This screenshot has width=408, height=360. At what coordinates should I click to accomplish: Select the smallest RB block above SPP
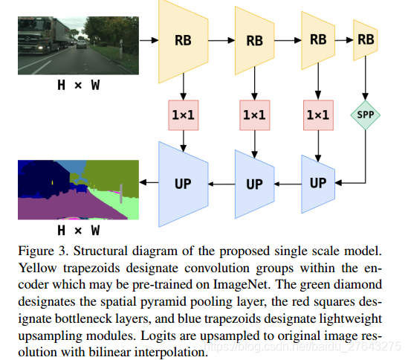(x=365, y=39)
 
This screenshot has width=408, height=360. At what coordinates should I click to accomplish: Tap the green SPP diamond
(x=365, y=115)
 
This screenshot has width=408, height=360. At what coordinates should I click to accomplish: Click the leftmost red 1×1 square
(x=183, y=115)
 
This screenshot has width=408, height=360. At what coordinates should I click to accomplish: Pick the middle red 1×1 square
(x=254, y=115)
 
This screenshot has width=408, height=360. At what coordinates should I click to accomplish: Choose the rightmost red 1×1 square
(x=318, y=115)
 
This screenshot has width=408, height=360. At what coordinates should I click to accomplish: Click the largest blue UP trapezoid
(x=183, y=183)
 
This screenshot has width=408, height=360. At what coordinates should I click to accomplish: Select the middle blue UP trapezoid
(x=254, y=183)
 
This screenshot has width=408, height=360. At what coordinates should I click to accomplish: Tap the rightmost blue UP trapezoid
(x=318, y=183)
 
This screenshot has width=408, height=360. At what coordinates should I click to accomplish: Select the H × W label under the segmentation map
(x=80, y=230)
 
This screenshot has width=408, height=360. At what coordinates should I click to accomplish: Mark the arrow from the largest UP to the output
(x=149, y=183)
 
